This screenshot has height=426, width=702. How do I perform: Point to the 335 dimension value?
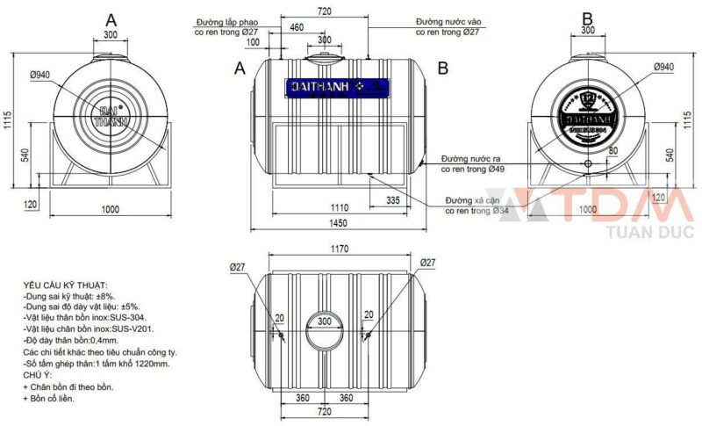(392, 201)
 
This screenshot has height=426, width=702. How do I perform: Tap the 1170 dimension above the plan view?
(337, 249)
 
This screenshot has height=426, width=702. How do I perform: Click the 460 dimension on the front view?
(297, 28)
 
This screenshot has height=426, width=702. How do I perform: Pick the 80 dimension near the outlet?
(612, 151)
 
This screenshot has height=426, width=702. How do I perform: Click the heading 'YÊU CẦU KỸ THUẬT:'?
(66, 286)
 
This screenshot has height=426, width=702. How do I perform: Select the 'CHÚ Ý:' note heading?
(40, 375)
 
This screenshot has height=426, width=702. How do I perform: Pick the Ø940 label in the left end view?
(40, 76)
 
